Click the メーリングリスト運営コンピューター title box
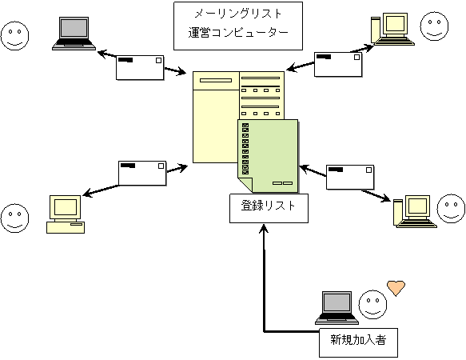coord(238,26)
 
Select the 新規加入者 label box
coord(358,342)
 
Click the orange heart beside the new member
coord(396,288)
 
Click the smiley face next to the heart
coord(372,305)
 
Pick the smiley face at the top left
coord(15,36)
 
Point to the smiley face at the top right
coord(434,26)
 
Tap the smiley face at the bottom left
coord(15,218)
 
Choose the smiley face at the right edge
coord(451,209)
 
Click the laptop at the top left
coord(74,34)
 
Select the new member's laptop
coord(337,308)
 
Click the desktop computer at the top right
coord(392,29)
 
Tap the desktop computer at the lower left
coord(66,214)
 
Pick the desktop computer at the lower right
coord(415,211)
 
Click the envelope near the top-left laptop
coord(140,67)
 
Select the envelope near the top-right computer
coord(338,64)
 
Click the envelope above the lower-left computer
coord(142,173)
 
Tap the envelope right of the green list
coord(350,177)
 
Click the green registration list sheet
coord(268,156)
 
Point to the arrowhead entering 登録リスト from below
coord(264,228)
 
